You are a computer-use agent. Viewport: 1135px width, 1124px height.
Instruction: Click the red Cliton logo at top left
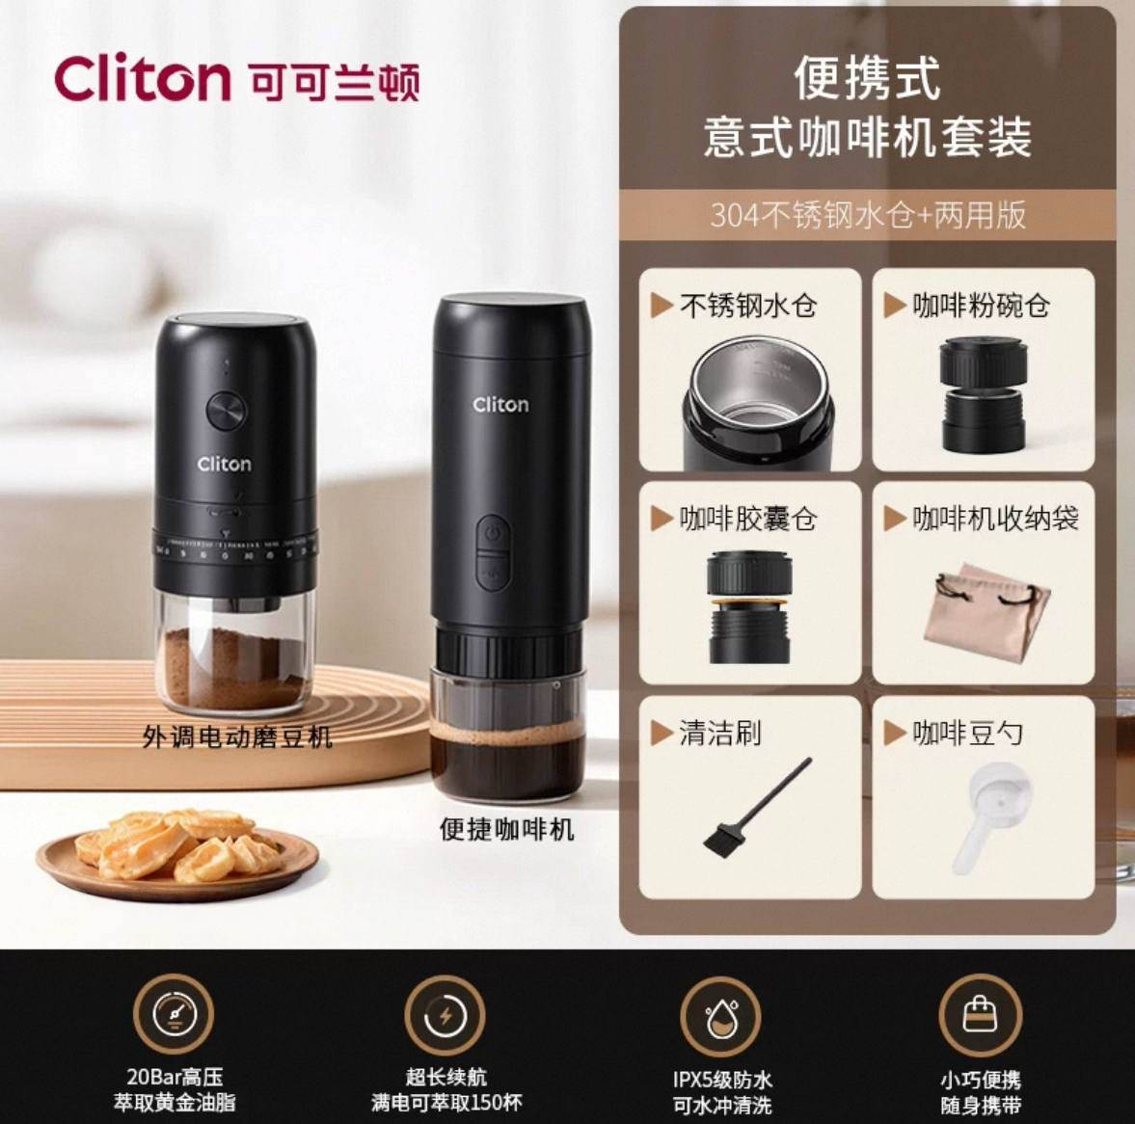click(x=143, y=79)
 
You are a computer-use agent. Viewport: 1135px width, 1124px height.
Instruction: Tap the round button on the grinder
click(x=227, y=411)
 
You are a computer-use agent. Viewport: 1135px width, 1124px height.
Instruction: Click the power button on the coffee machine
click(x=493, y=532)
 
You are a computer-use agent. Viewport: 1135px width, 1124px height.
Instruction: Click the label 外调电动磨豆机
click(x=237, y=738)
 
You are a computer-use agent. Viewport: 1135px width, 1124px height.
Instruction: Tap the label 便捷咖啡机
click(x=506, y=829)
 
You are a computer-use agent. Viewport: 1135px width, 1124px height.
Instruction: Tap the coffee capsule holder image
click(x=751, y=605)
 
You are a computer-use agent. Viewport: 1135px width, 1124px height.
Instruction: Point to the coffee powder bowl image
click(x=984, y=394)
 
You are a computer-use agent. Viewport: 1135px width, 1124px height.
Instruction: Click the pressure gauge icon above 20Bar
click(x=174, y=1013)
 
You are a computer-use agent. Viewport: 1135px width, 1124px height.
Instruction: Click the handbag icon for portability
click(x=980, y=1015)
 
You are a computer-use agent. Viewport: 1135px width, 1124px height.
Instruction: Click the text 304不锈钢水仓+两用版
click(x=868, y=214)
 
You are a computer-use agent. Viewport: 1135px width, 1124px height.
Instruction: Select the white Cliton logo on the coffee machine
click(x=500, y=405)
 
